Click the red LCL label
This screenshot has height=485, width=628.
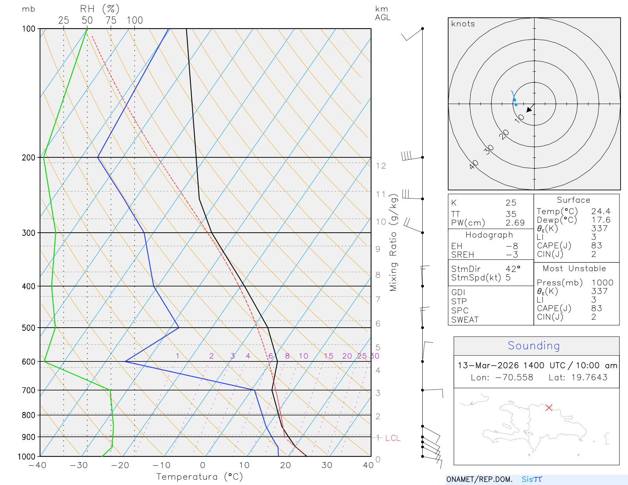(392, 438)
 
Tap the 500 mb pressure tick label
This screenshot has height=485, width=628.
(29, 328)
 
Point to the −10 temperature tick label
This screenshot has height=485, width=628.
(161, 465)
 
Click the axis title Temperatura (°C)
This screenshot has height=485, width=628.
(199, 476)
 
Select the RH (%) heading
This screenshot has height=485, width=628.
(100, 9)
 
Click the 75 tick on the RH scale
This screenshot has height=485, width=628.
(111, 20)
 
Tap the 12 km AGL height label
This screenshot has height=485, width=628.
(381, 166)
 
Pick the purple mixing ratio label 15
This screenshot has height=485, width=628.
(329, 356)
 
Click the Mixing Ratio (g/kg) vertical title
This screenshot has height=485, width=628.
(393, 242)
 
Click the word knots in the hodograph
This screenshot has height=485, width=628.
(463, 24)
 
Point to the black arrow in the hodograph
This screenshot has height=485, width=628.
(529, 109)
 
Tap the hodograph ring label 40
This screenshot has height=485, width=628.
(474, 164)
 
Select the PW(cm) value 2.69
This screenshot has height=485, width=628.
(515, 223)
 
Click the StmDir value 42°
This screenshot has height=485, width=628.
(513, 269)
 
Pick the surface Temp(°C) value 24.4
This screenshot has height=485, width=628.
(601, 212)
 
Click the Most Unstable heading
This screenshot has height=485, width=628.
(574, 268)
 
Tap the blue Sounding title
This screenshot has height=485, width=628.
(534, 346)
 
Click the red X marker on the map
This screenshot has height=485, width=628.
(549, 408)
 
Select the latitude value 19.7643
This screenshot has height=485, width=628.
(589, 377)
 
